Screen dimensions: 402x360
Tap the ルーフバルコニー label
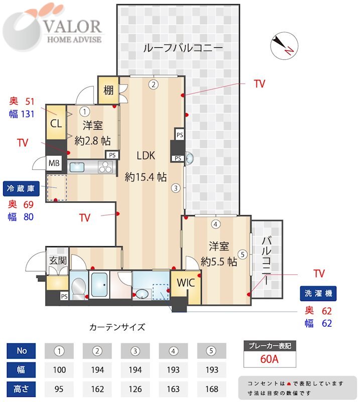[x=182, y=48]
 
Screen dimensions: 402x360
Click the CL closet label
[x=56, y=122]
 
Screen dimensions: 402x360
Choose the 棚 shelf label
[x=108, y=90]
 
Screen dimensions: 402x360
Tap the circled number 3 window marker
[x=175, y=188]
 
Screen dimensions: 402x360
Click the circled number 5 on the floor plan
[x=243, y=254]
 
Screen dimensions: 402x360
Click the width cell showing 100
[x=59, y=369]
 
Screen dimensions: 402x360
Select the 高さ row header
[x=21, y=388]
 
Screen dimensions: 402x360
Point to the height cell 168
[x=212, y=388]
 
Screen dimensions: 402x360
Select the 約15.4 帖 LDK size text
[x=146, y=176]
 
